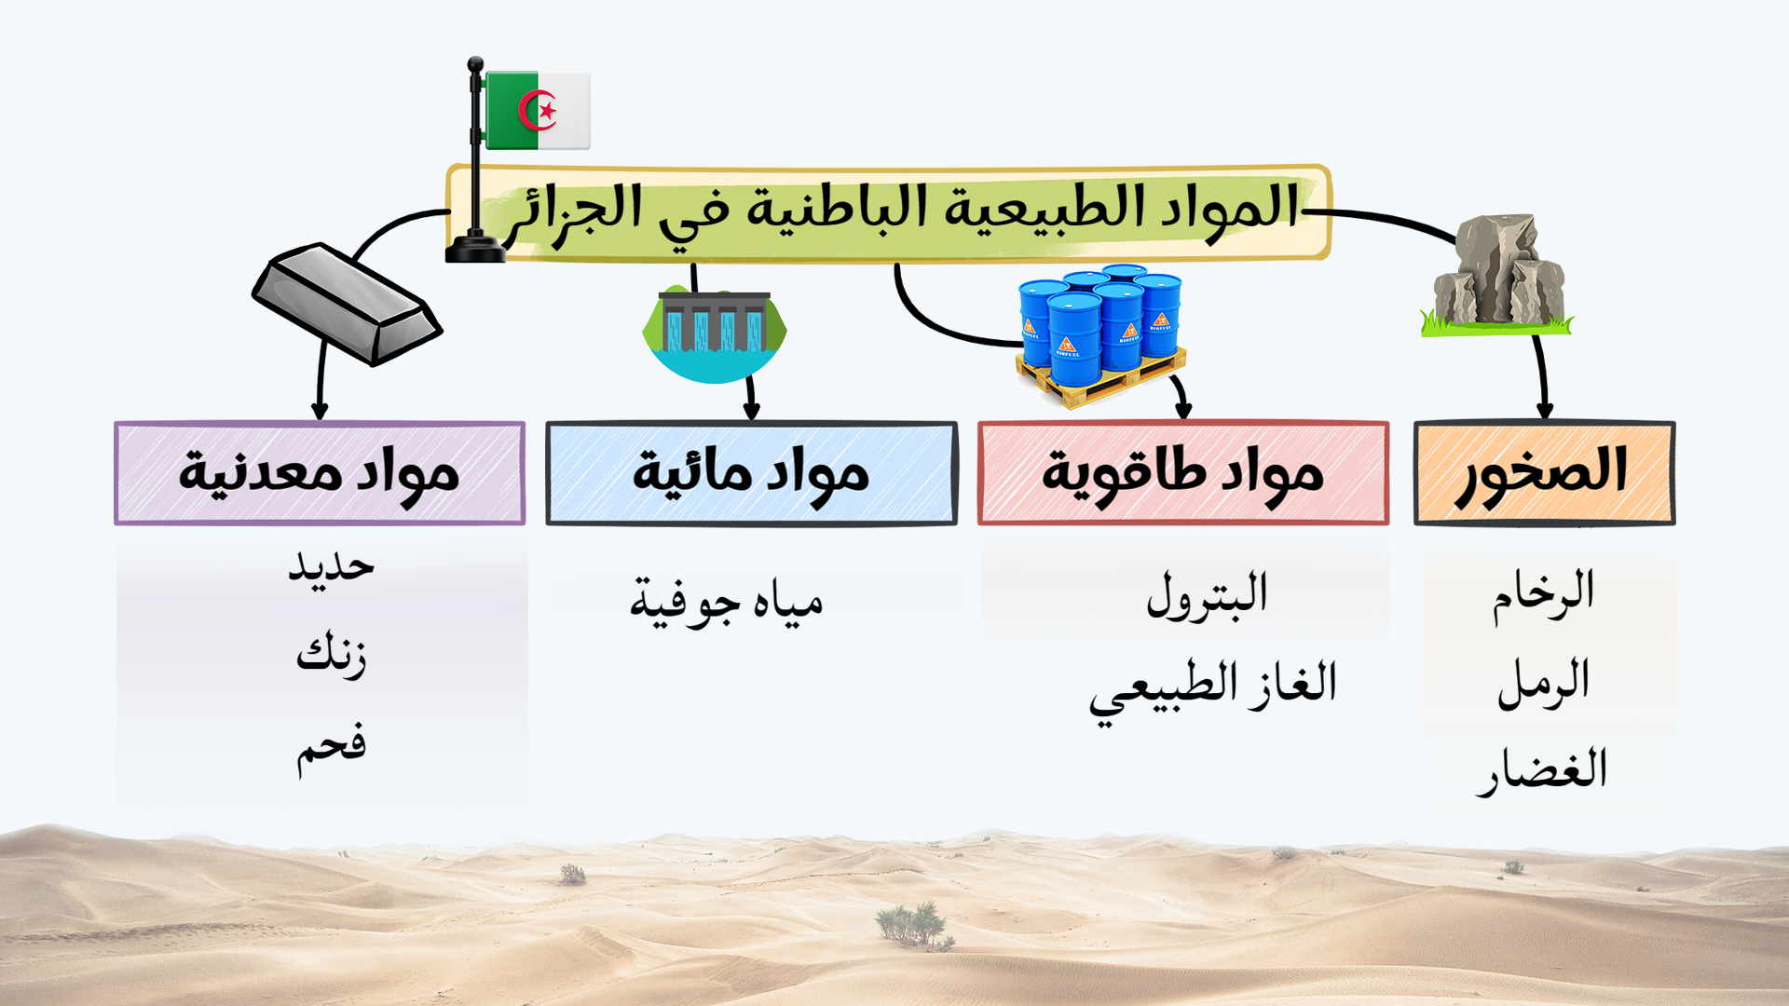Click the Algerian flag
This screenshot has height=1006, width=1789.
click(x=538, y=110)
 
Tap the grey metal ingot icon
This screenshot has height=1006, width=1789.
click(x=347, y=304)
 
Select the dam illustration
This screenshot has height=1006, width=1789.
click(x=715, y=334)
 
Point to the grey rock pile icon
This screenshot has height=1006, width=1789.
click(x=1496, y=274)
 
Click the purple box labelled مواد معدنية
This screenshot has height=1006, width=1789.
click(x=320, y=473)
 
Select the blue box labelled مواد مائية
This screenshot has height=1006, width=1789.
click(x=751, y=473)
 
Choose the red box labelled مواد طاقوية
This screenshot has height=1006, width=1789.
click(x=1183, y=473)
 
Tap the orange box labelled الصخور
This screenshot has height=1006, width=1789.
click(x=1544, y=473)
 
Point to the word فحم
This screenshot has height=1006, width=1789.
click(x=332, y=748)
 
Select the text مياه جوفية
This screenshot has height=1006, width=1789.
click(x=727, y=603)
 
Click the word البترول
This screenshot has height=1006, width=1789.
click(x=1208, y=595)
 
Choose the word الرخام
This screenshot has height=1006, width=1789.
click(x=1543, y=594)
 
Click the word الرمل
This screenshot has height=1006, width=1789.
click(x=1543, y=683)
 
